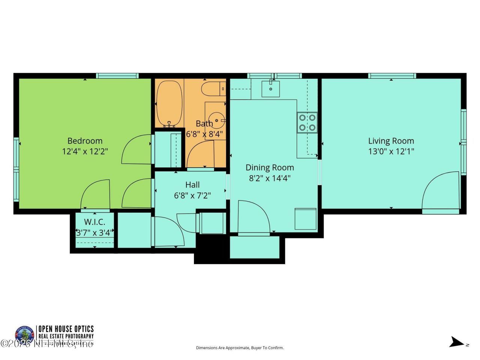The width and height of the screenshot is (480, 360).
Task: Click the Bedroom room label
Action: [85, 141]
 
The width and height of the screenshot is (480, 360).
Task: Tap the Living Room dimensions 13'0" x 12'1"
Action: [391, 151]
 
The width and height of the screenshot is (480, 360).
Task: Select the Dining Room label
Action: [270, 168]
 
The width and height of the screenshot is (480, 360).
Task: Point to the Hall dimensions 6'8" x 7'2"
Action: [192, 195]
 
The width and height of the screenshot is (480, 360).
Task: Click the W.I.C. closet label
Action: [94, 222]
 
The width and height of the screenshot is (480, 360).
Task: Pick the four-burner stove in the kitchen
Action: [307, 123]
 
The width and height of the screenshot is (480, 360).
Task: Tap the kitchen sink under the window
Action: [270, 88]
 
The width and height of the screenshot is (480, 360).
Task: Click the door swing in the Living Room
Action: [441, 191]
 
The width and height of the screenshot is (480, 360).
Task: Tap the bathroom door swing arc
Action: [200, 156]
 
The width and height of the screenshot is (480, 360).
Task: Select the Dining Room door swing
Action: [253, 217]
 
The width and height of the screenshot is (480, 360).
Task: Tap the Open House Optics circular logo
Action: [24, 335]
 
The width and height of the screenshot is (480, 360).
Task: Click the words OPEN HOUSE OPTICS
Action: [66, 329]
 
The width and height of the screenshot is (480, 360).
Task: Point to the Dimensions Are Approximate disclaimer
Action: [240, 348]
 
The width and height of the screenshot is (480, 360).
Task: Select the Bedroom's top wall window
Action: [117, 76]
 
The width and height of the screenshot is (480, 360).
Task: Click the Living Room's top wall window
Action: [392, 76]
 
